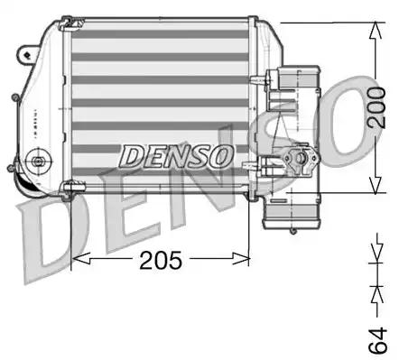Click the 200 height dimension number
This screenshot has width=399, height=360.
[383, 107]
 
